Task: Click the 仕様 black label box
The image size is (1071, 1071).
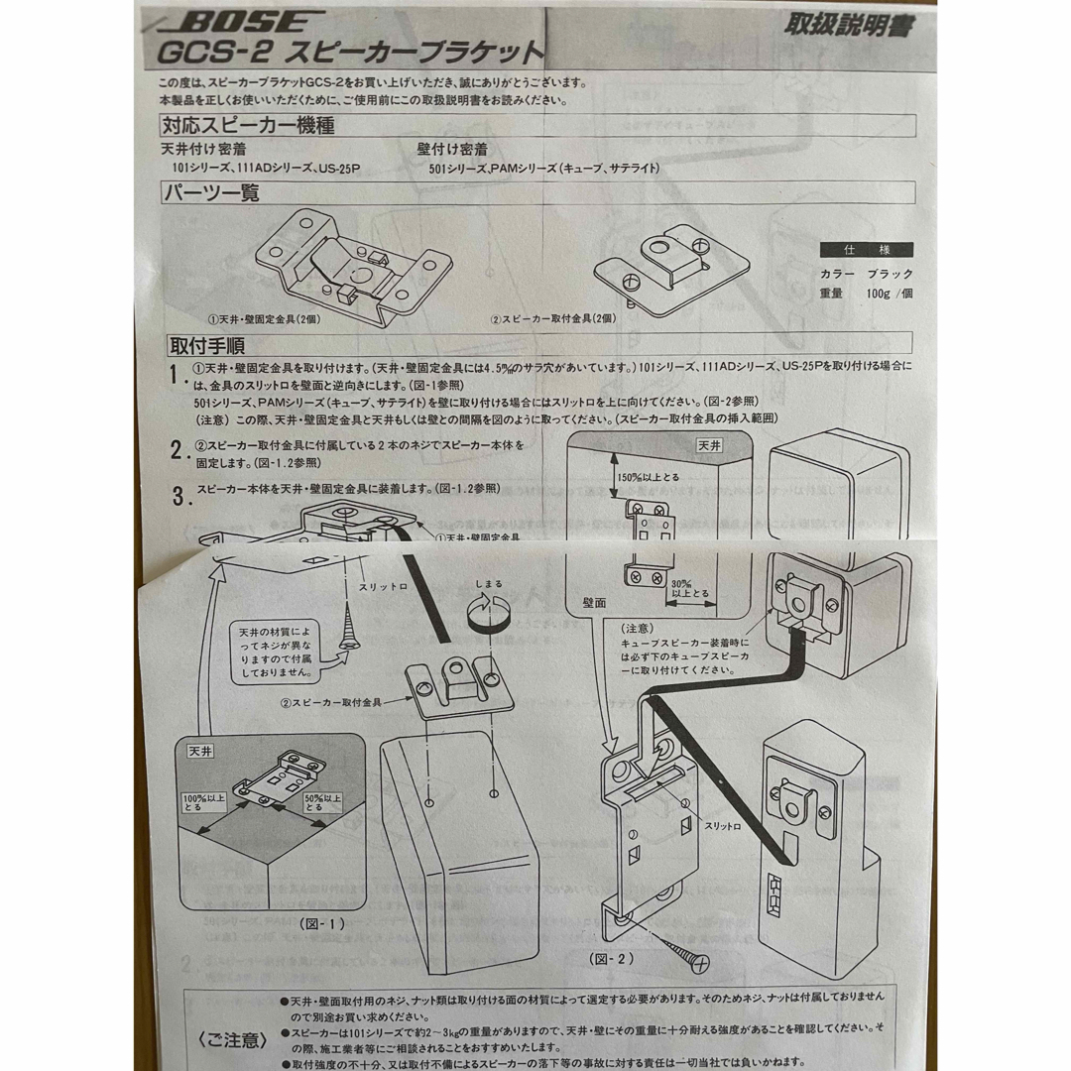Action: (866, 250)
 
